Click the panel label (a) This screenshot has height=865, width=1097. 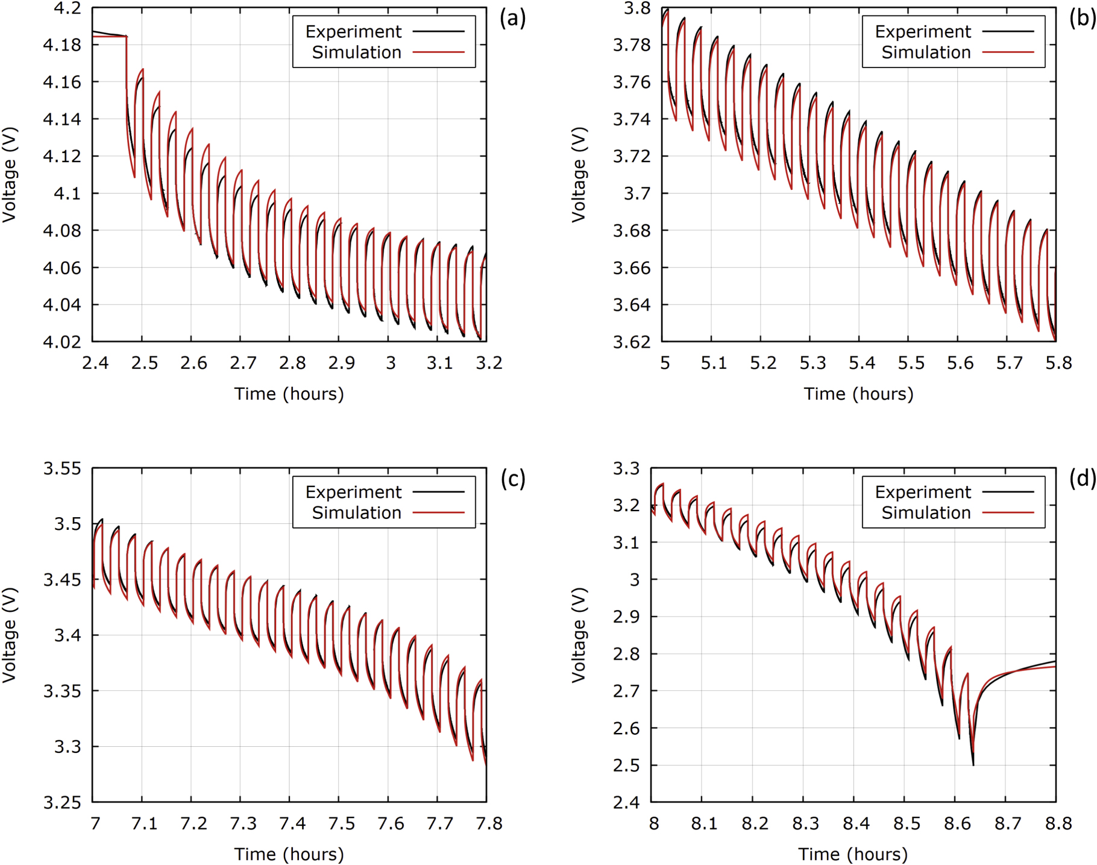pyautogui.click(x=512, y=19)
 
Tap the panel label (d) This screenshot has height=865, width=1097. pyautogui.click(x=1082, y=479)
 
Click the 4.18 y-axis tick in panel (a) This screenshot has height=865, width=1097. pyautogui.click(x=61, y=45)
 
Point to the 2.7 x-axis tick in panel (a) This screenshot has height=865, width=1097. pyautogui.click(x=243, y=363)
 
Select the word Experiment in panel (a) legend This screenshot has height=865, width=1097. pyautogui.click(x=353, y=31)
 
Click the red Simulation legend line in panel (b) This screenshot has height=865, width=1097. pyautogui.click(x=1008, y=52)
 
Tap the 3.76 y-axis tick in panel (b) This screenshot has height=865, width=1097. pyautogui.click(x=631, y=83)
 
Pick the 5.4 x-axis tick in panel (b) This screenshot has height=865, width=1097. pyautogui.click(x=861, y=363)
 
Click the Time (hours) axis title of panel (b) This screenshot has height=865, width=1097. pyautogui.click(x=858, y=394)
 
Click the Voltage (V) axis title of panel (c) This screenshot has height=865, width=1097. pyautogui.click(x=9, y=635)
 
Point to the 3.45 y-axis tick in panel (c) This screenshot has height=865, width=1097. pyautogui.click(x=61, y=580)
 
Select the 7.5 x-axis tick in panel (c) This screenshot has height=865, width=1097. pyautogui.click(x=341, y=823)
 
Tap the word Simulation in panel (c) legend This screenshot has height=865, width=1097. pyautogui.click(x=356, y=513)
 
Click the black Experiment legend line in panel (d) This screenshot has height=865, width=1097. pyautogui.click(x=1008, y=492)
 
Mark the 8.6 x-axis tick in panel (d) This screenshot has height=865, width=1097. pyautogui.click(x=957, y=823)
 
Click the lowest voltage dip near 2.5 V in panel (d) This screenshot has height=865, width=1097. pyautogui.click(x=973, y=763)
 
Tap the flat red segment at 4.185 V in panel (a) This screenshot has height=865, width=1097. pyautogui.click(x=108, y=37)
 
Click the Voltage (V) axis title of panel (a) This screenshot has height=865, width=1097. pyautogui.click(x=9, y=175)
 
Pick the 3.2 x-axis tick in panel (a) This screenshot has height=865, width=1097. pyautogui.click(x=489, y=363)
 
